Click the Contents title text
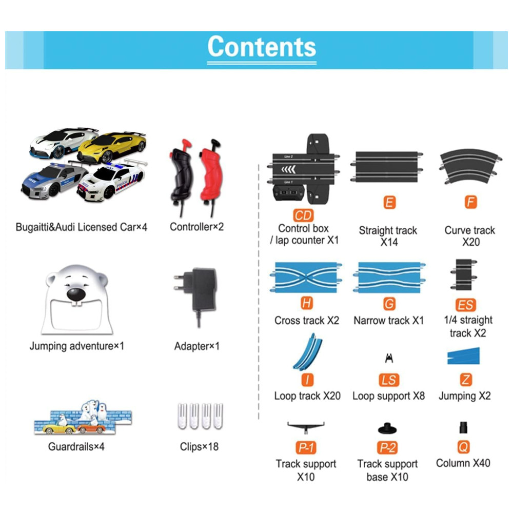pos(262,47)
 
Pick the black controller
pos(181,172)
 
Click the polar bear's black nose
pos(76,294)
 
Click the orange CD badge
pos(303,216)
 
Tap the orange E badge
pos(389,203)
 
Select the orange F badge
pos(470,202)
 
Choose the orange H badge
pos(306,304)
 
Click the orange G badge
pos(389,304)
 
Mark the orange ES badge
pos(465,305)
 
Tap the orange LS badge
pos(389,380)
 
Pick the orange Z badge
pos(465,380)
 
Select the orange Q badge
pos(463,447)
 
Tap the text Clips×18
pos(199,447)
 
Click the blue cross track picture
pos(306,277)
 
